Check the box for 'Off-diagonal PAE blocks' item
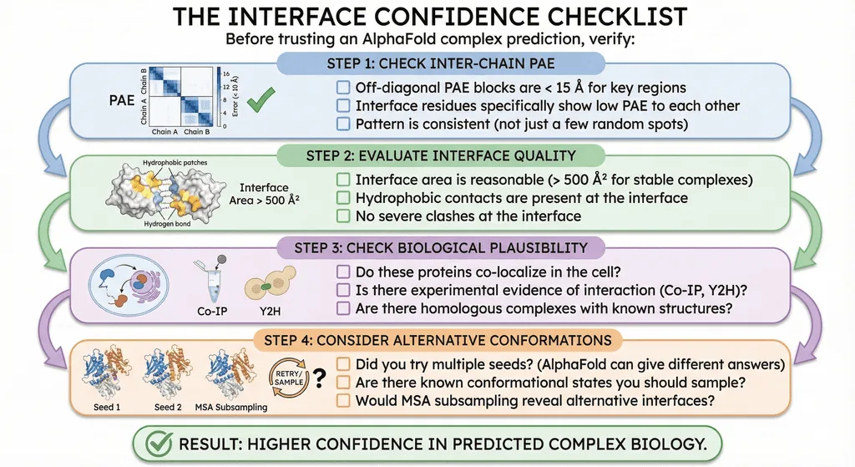[343, 88]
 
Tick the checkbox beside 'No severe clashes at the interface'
[343, 216]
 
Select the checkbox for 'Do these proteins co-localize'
[343, 272]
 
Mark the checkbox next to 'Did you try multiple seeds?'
[343, 364]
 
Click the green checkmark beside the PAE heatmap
[261, 99]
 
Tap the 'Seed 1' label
[107, 407]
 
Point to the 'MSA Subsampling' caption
[231, 407]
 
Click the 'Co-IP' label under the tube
[212, 312]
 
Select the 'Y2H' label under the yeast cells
[270, 312]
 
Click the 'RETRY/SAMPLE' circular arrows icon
[288, 378]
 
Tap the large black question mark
[320, 378]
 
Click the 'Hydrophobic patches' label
[175, 163]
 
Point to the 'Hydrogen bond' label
[167, 224]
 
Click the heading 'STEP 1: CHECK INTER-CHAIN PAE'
[441, 63]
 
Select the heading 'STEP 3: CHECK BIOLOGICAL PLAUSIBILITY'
[441, 247]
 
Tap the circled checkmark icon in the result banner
[159, 444]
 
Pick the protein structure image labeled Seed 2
[168, 372]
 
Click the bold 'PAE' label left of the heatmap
[122, 100]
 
